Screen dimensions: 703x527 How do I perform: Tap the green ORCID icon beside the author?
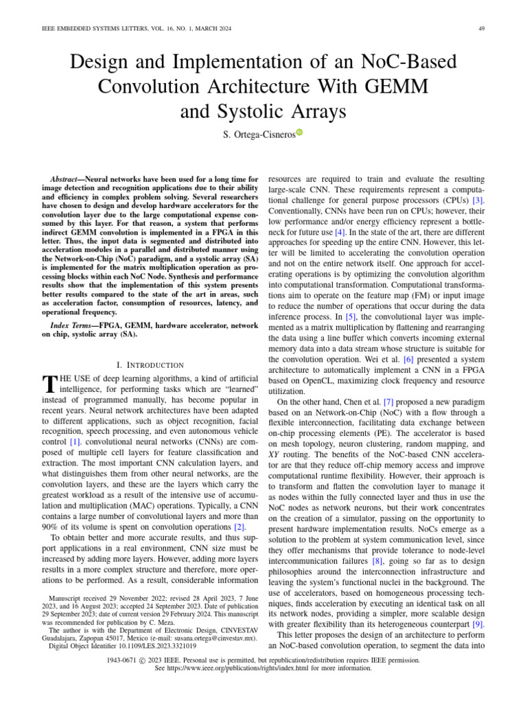[x=299, y=132]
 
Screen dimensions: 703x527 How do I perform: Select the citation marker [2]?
[x=237, y=527]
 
